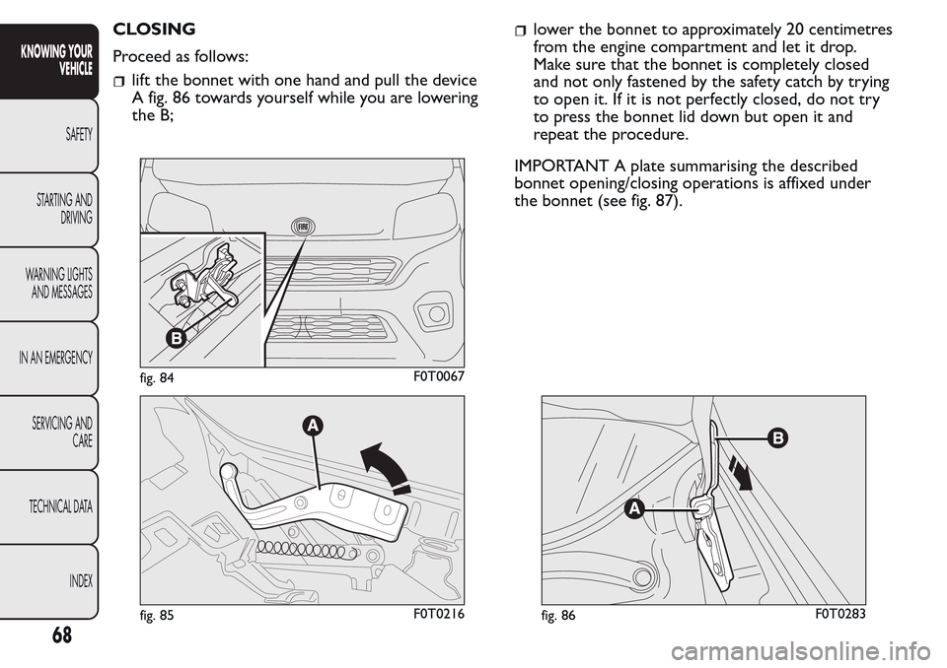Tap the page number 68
pyautogui.click(x=60, y=635)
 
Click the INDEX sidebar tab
pyautogui.click(x=78, y=581)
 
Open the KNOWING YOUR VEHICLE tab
pyautogui.click(x=61, y=59)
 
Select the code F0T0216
pyautogui.click(x=435, y=615)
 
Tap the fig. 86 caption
pyautogui.click(x=558, y=616)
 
